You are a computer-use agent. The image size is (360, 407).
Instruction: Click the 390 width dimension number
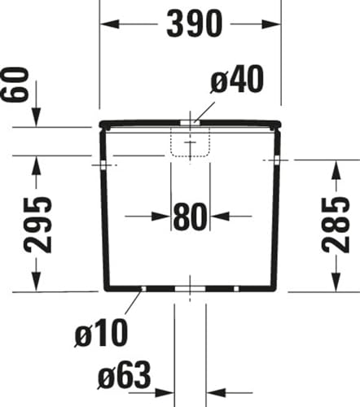pyautogui.click(x=195, y=24)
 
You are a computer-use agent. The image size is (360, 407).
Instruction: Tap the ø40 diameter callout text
pyautogui.click(x=237, y=79)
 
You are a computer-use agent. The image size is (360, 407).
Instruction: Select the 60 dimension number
pyautogui.click(x=15, y=85)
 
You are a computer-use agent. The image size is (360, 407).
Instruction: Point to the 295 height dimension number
pyautogui.click(x=37, y=225)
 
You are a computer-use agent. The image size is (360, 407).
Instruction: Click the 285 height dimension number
pyautogui.click(x=336, y=225)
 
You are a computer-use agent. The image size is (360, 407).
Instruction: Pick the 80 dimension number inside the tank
pyautogui.click(x=190, y=217)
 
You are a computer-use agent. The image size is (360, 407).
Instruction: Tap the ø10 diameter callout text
pyautogui.click(x=101, y=333)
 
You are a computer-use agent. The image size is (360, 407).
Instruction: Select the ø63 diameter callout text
pyautogui.click(x=124, y=375)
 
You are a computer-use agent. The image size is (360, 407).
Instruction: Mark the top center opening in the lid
pyautogui.click(x=190, y=122)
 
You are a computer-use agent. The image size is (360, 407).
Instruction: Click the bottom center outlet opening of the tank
pyautogui.click(x=190, y=289)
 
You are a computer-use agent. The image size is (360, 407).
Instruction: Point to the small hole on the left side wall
pyautogui.click(x=103, y=165)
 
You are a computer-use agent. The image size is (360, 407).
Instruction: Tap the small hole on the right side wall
pyautogui.click(x=277, y=160)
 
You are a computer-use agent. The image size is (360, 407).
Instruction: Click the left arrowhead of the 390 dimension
pyautogui.click(x=110, y=24)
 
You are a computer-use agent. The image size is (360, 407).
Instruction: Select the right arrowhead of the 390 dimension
pyautogui.click(x=271, y=24)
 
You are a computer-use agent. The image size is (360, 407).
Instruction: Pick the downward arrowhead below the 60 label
pyautogui.click(x=36, y=117)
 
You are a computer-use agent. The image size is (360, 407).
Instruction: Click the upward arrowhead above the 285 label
pyautogui.click(x=336, y=169)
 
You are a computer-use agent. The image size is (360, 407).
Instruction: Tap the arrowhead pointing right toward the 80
pyautogui.click(x=161, y=217)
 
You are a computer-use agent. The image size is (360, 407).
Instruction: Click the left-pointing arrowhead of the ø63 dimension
pyautogui.click(x=216, y=392)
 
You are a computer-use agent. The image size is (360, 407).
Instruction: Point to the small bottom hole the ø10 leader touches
pyautogui.click(x=144, y=289)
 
